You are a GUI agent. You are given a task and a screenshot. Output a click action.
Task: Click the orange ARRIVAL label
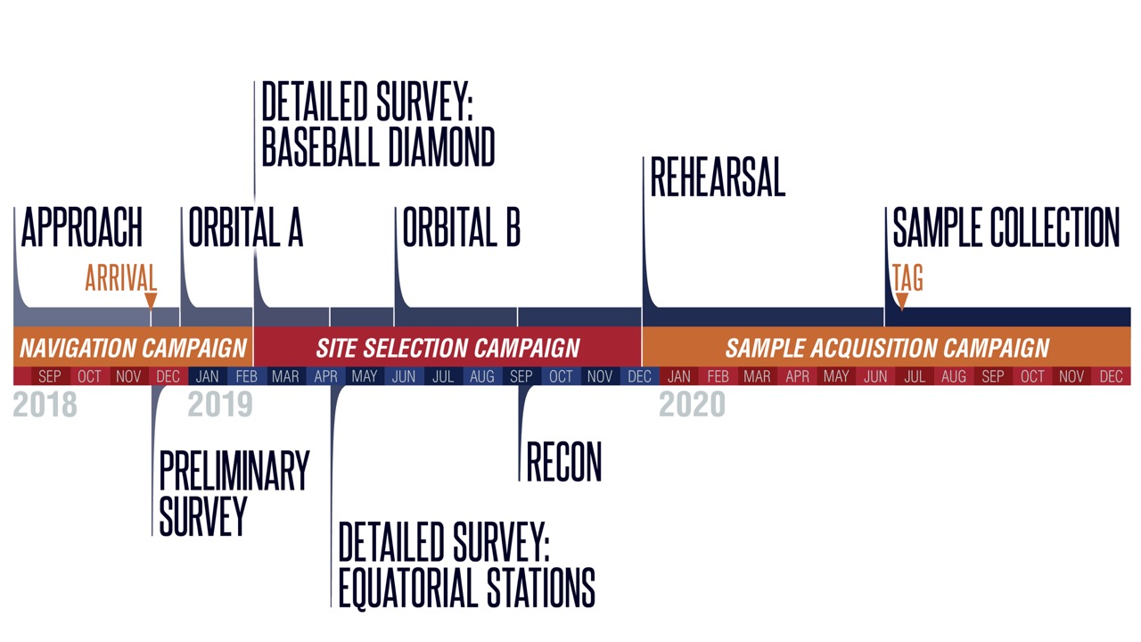120,277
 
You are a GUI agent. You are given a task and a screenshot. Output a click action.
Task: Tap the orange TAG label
907,277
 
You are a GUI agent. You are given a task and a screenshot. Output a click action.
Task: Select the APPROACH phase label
81,226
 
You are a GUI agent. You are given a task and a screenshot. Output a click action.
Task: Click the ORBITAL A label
245,226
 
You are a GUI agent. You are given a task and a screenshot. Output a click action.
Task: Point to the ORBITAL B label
462,226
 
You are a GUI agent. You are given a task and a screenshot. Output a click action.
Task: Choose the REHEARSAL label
718,177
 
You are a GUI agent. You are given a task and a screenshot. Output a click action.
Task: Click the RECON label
564,462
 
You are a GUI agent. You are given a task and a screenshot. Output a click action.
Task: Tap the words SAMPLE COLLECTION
1006,226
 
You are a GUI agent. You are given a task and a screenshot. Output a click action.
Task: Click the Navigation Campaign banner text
134,349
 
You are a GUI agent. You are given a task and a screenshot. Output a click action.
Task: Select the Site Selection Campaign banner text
447,349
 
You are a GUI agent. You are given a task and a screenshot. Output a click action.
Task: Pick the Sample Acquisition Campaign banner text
887,349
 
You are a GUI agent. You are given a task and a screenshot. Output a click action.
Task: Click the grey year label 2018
45,405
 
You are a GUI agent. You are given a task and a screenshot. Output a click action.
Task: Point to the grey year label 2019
220,405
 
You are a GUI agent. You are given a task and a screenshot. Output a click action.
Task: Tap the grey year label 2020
692,405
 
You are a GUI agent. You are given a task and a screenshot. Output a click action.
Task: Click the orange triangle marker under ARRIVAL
151,301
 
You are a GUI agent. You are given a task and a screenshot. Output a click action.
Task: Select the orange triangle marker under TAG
901,301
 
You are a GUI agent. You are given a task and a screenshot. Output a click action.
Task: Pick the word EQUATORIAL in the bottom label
408,588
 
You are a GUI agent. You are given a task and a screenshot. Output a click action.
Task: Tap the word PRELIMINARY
234,470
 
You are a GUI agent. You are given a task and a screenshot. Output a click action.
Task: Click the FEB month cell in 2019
247,376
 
